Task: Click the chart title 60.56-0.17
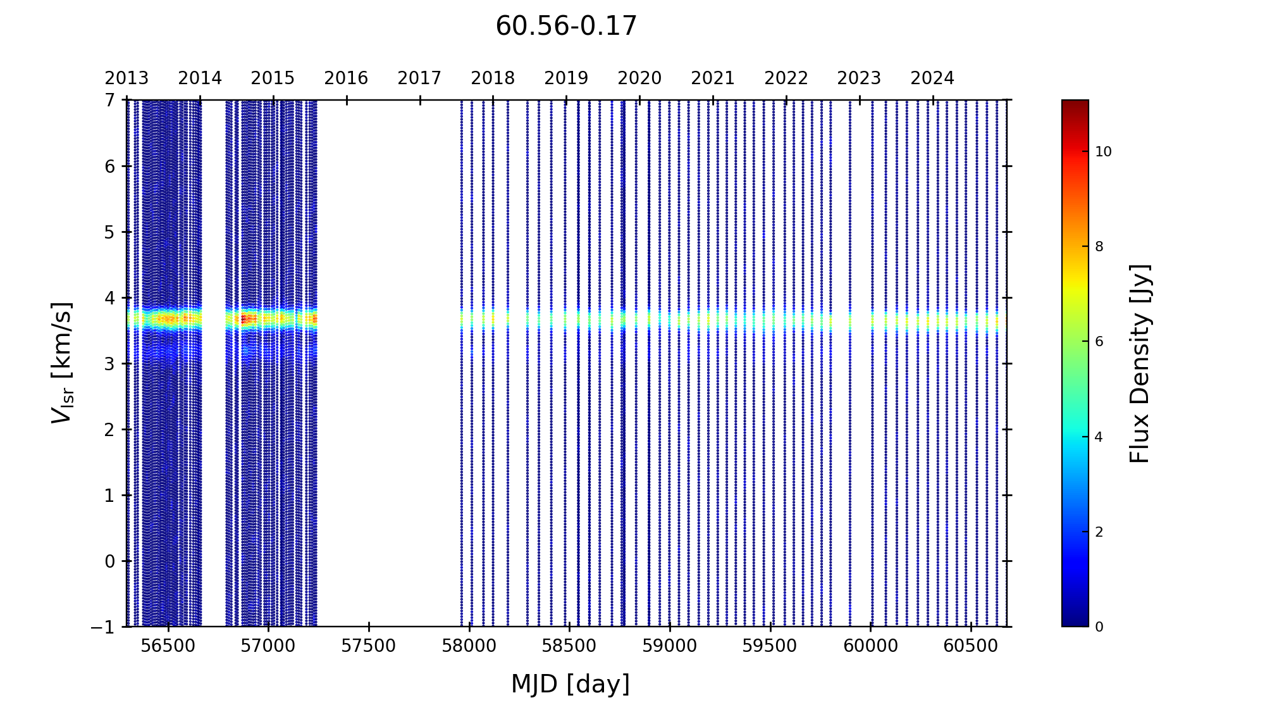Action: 566,27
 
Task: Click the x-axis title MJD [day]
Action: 571,684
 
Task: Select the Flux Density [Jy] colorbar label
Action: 1140,363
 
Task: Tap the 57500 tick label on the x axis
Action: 368,646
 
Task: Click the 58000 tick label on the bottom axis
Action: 469,646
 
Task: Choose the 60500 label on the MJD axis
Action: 970,646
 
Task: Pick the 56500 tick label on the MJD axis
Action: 168,646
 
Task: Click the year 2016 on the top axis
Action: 346,78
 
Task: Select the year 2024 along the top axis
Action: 932,78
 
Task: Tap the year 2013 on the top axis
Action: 126,78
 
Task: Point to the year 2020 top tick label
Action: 639,78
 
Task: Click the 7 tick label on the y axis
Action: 110,100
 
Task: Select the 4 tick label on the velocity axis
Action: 110,297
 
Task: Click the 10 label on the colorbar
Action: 1103,152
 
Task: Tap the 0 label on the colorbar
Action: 1099,627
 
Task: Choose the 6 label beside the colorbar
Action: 1099,342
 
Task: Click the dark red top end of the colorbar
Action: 1075,104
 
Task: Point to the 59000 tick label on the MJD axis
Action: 669,646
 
